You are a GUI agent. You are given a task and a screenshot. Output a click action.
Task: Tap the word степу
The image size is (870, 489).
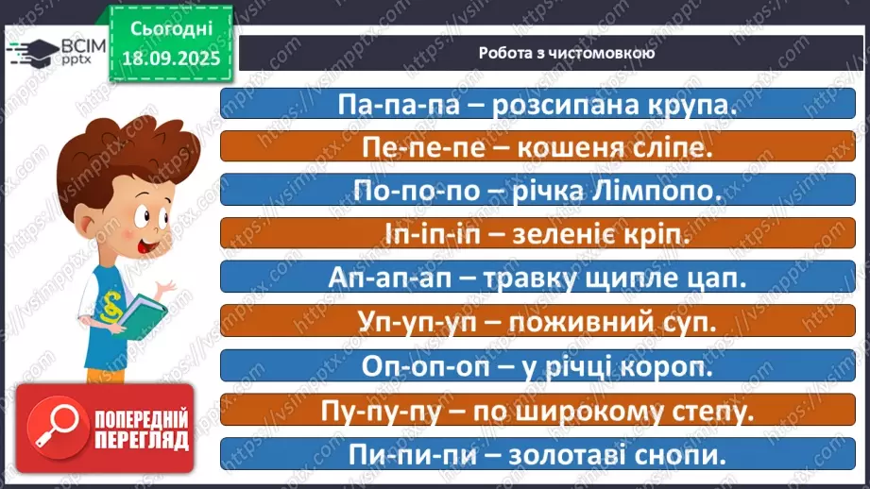709,411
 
